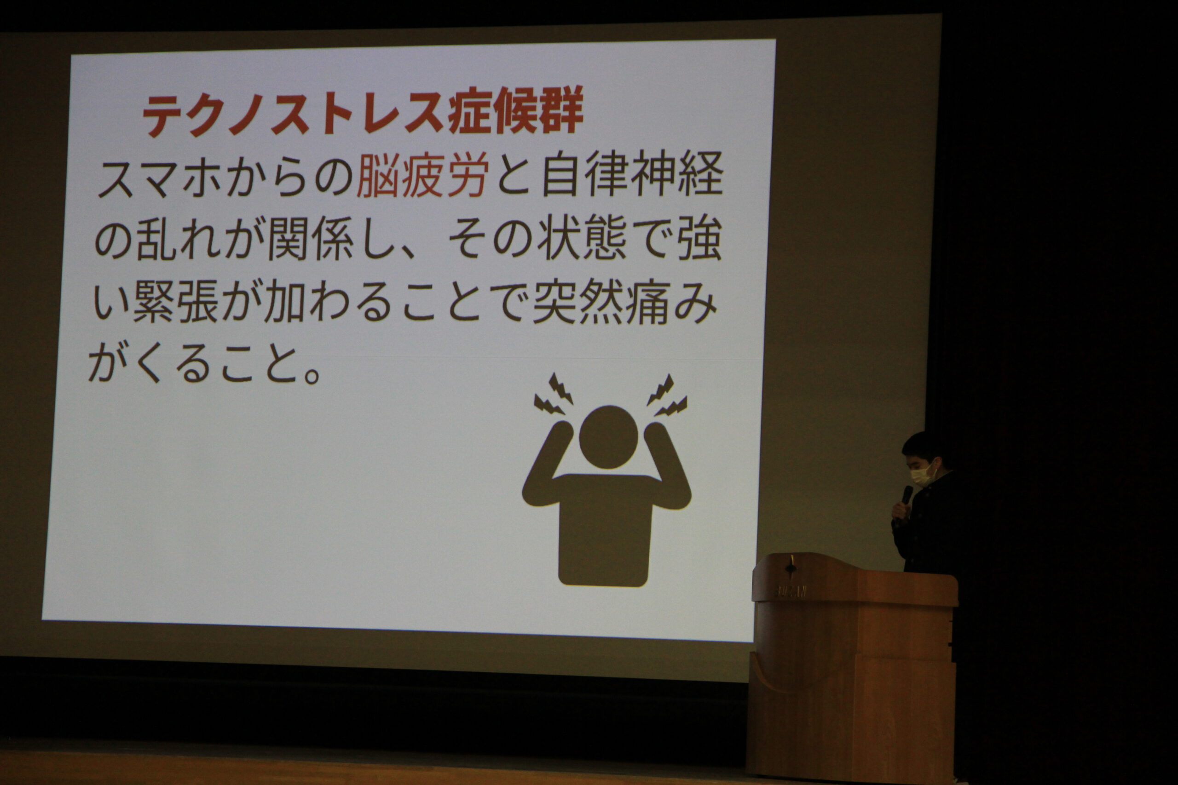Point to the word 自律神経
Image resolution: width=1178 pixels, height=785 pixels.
[x=633, y=173]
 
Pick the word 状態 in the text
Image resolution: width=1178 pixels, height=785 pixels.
[x=582, y=236]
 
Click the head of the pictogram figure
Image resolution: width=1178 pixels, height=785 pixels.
[x=608, y=436]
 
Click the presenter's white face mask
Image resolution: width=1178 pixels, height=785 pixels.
[x=922, y=474]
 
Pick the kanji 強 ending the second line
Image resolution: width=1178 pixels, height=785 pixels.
[x=700, y=236]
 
